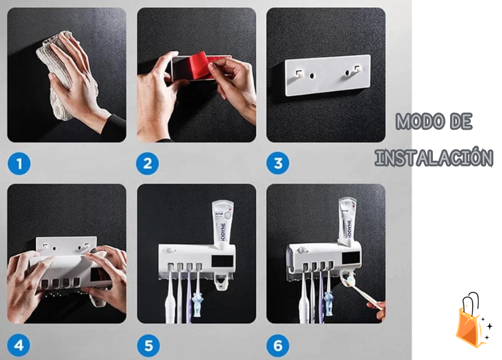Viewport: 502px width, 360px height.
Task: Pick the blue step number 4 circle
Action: (19, 345)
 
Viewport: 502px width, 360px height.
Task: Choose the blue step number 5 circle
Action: (148, 345)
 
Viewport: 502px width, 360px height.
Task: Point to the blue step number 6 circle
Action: (278, 345)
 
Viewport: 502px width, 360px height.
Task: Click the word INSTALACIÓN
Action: (434, 158)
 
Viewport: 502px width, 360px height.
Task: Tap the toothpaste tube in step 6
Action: (346, 220)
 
